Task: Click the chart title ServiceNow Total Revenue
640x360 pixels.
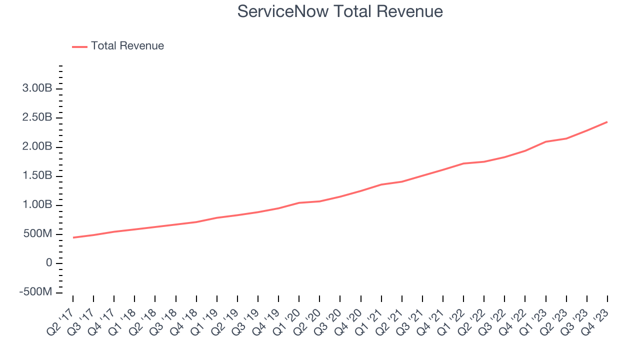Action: [340, 11]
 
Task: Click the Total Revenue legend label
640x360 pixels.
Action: [127, 46]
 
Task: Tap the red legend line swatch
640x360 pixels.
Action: [79, 46]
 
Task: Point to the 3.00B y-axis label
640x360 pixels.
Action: [37, 88]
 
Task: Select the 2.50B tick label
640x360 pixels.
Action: [37, 117]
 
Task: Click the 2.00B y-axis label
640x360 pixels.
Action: [37, 146]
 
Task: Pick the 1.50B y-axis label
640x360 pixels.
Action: [37, 175]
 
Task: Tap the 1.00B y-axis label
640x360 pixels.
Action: [37, 204]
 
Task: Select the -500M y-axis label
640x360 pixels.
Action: [35, 291]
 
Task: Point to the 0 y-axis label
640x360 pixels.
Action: [49, 262]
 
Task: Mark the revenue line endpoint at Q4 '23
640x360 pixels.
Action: [607, 122]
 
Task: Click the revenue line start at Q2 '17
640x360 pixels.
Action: [73, 237]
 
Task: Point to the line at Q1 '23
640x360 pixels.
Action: [546, 141]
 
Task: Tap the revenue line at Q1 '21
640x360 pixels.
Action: [381, 184]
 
